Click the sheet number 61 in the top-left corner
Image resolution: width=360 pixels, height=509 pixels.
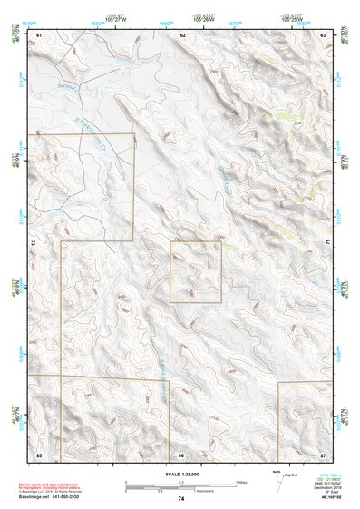(x=39, y=34)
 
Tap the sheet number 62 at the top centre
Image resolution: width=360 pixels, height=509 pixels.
(x=182, y=34)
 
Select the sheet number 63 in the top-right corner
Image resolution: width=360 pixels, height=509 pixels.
(x=324, y=34)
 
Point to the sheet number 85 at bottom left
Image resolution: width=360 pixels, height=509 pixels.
(x=39, y=453)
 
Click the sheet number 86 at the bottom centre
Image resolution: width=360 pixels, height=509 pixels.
(x=181, y=453)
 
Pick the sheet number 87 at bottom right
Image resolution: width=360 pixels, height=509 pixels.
(x=324, y=453)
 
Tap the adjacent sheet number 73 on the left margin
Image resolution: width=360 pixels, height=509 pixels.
(x=32, y=243)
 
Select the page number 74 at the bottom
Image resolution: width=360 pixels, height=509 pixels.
(x=180, y=499)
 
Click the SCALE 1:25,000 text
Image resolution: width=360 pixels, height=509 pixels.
(x=180, y=474)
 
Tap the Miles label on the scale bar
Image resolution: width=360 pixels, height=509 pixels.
(x=240, y=481)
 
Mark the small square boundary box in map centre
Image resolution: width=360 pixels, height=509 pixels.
(x=196, y=271)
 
